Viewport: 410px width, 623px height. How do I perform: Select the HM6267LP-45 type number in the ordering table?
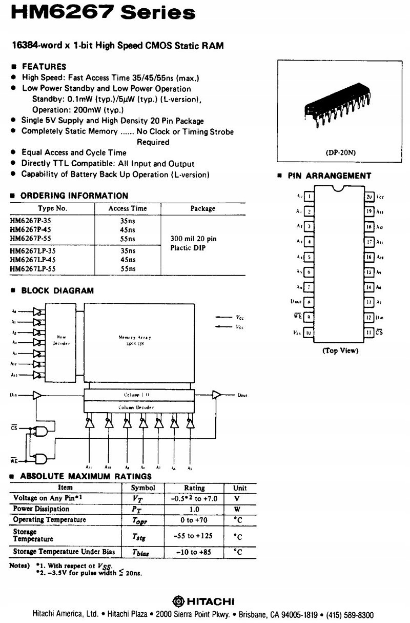pos(33,260)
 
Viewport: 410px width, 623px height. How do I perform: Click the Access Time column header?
pos(127,208)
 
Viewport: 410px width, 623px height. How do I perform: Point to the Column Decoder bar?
pos(139,407)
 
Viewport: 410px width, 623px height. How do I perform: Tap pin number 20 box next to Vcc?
pos(368,197)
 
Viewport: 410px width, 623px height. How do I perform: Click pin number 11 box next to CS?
pos(368,333)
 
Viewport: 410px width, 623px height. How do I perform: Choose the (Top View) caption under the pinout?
pos(340,351)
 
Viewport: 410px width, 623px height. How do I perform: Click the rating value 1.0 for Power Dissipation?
pos(194,509)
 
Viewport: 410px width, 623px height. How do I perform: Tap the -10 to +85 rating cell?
pos(194,552)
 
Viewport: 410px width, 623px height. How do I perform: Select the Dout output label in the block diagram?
pos(242,395)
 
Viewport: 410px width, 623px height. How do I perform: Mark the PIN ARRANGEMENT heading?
pos(329,176)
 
